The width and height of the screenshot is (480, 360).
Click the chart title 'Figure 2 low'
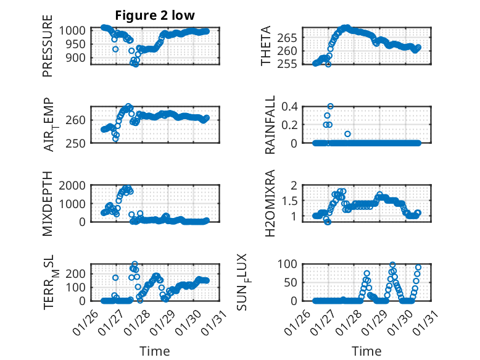[151, 15]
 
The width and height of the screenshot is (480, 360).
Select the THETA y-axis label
[266, 46]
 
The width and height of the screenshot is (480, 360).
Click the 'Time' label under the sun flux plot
[366, 351]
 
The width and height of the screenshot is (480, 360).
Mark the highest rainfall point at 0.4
[331, 106]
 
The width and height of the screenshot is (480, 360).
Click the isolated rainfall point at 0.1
[347, 133]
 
